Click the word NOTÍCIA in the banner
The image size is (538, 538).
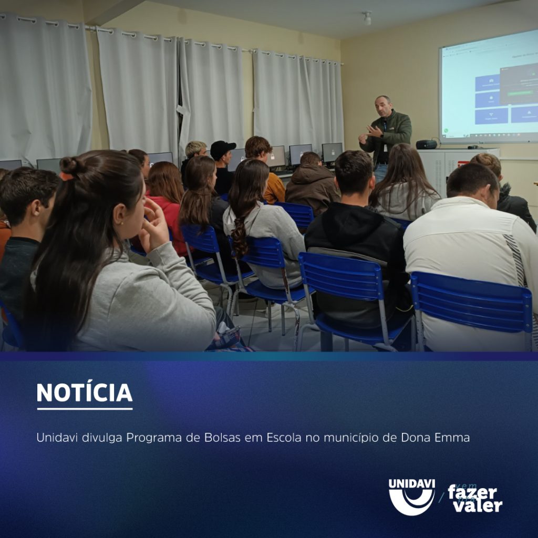point(84,393)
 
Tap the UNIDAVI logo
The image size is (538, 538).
point(411,496)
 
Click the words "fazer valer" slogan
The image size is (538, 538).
point(475,499)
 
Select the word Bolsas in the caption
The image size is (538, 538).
point(221,438)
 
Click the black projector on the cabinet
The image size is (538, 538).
point(426,144)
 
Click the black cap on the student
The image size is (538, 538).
point(222,148)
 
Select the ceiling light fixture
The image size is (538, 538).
point(367,18)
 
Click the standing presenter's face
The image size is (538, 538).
point(383,108)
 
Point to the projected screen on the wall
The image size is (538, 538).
point(489,87)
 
